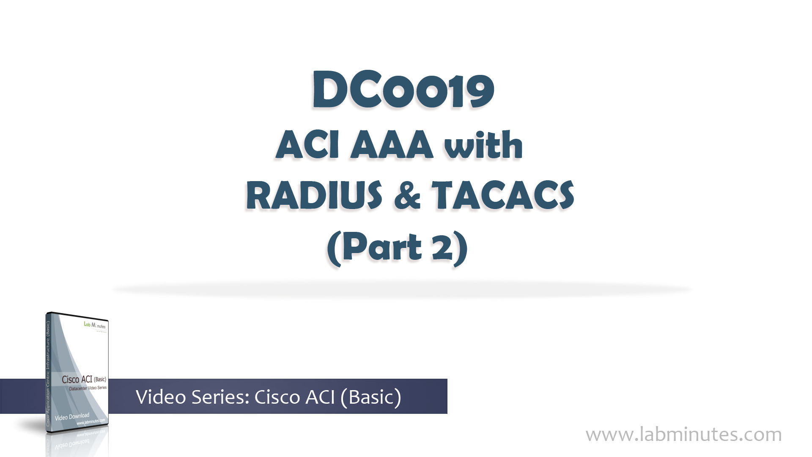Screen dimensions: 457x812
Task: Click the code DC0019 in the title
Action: (403, 91)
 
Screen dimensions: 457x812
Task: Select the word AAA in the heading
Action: (392, 145)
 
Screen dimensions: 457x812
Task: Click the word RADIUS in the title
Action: (314, 195)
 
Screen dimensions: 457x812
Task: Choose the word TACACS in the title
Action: (502, 195)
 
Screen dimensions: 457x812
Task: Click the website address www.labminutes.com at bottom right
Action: (683, 435)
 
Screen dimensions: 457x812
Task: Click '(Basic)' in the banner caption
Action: (370, 397)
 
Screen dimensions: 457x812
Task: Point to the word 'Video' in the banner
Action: (161, 397)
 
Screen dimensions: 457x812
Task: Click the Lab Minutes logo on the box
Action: (95, 325)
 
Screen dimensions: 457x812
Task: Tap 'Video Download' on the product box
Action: (72, 416)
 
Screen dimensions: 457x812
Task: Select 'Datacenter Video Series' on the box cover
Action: (88, 388)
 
